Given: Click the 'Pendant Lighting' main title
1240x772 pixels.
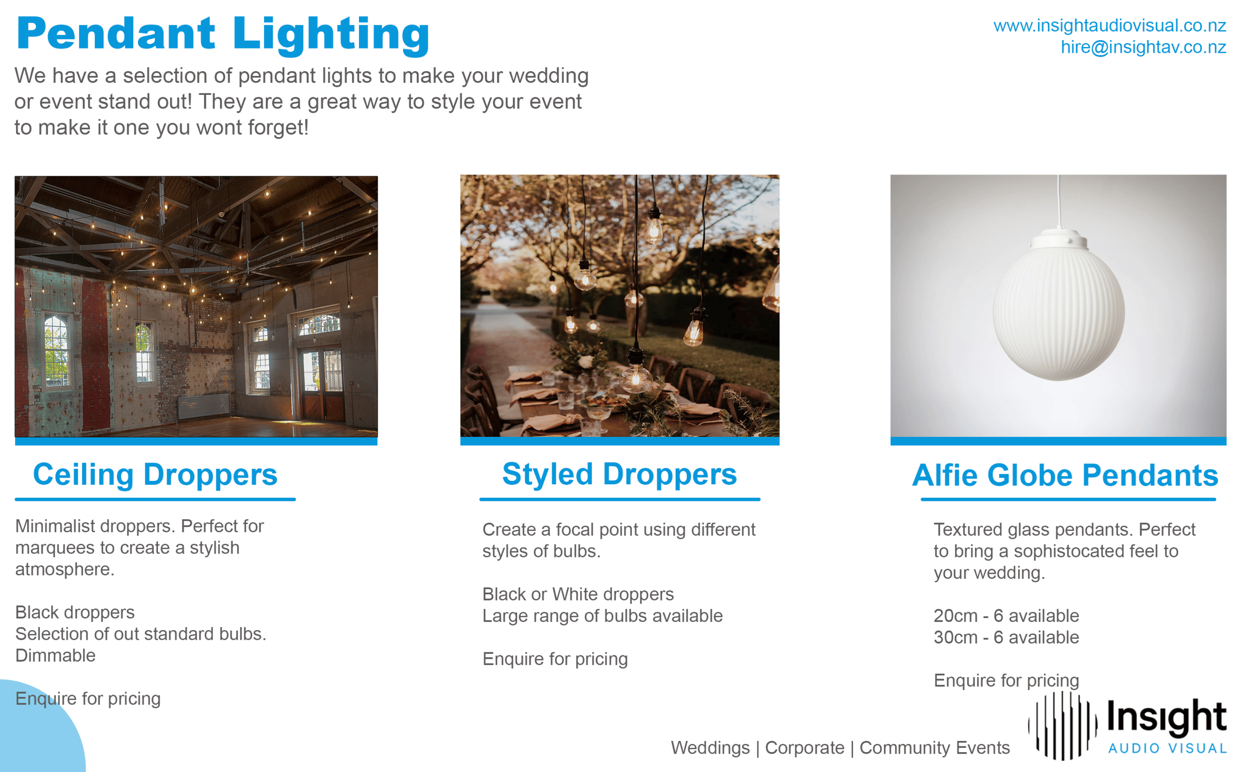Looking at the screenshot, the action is click(x=223, y=35).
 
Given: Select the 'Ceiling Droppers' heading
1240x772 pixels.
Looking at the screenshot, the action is click(x=155, y=475).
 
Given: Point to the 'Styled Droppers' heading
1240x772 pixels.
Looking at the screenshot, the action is click(x=619, y=474).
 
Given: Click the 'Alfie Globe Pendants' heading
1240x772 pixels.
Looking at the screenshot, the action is click(x=1065, y=475).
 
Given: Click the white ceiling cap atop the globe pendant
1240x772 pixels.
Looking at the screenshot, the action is click(x=1059, y=240).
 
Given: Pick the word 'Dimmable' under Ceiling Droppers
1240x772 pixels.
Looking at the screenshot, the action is click(x=55, y=656).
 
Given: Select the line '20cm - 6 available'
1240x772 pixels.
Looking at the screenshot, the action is click(x=1006, y=616).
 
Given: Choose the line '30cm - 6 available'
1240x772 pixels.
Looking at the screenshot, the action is click(x=1006, y=637).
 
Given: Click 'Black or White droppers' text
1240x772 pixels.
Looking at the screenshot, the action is click(x=578, y=594).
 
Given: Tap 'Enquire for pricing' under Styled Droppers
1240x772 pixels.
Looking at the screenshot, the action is click(x=555, y=659).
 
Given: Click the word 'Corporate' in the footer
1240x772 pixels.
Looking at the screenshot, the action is click(x=805, y=748).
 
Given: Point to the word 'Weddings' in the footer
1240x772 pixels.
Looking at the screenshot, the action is click(x=710, y=748).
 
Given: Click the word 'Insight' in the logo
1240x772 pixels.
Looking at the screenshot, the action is click(x=1166, y=717).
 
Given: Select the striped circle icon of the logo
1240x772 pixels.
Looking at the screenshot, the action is click(x=1063, y=726).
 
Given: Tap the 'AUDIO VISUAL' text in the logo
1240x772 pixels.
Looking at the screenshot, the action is click(x=1167, y=749).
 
